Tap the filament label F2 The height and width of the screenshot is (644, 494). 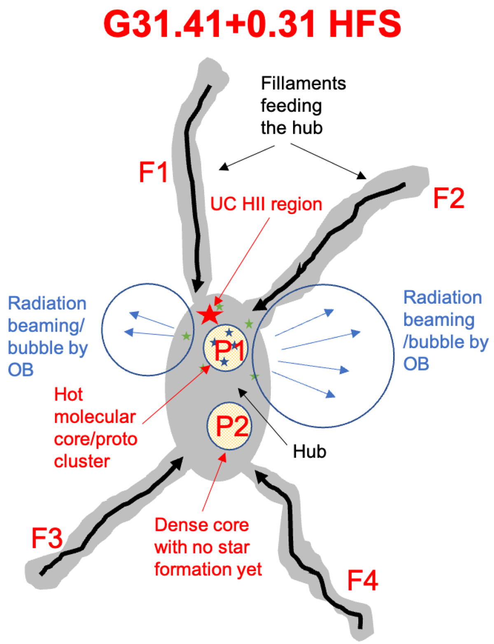[x=449, y=198]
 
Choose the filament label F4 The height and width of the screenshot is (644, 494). [x=362, y=580]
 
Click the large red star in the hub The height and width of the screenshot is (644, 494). [x=210, y=315]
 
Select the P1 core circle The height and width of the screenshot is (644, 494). [x=225, y=349]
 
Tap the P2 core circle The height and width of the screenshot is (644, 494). [x=229, y=426]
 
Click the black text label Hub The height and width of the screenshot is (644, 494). [x=310, y=452]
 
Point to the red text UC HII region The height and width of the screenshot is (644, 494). [x=266, y=204]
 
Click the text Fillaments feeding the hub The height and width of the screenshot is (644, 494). [x=303, y=106]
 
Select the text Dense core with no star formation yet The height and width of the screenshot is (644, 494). [x=208, y=547]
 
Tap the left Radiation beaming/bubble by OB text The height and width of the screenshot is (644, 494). [x=47, y=337]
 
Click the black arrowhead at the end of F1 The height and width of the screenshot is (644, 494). [x=198, y=285]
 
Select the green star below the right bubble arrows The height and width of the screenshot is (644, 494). [x=254, y=376]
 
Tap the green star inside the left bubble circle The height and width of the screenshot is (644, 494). [x=186, y=336]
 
